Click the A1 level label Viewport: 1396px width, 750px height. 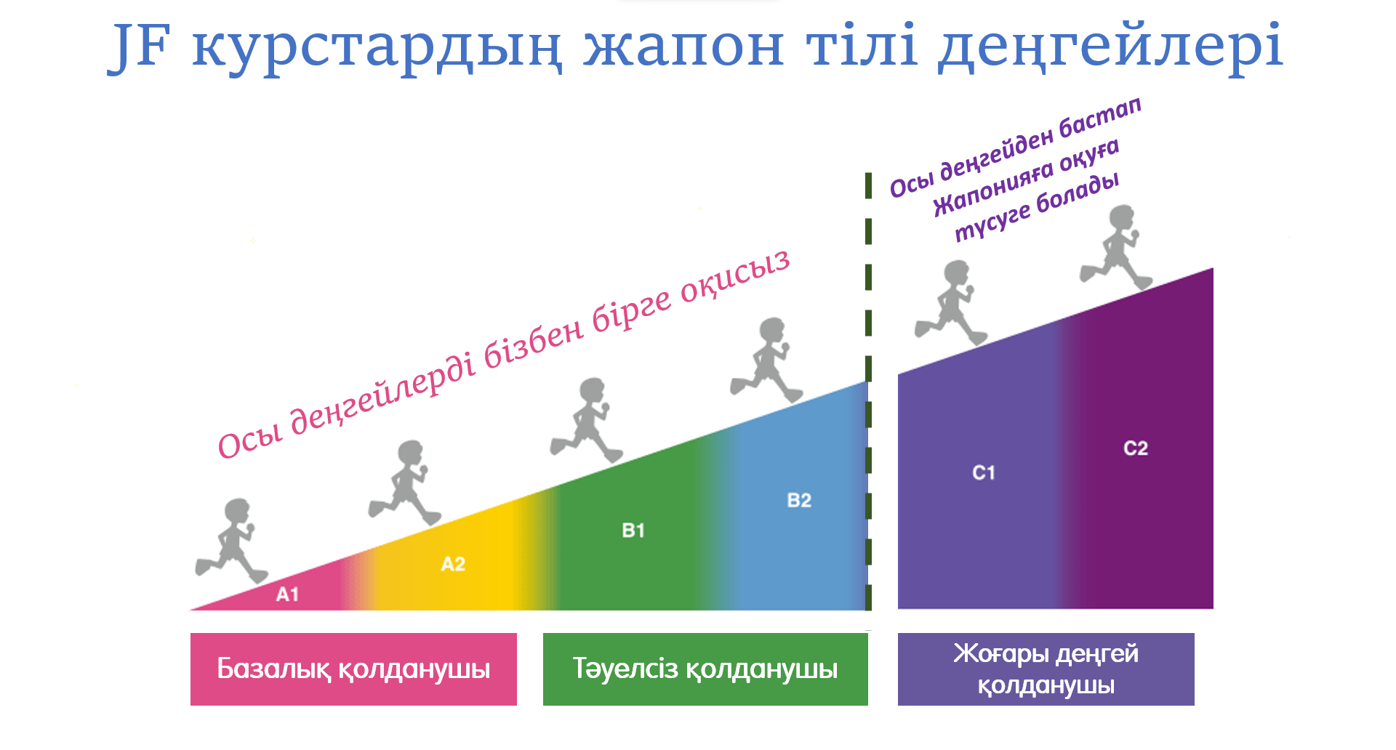(x=287, y=594)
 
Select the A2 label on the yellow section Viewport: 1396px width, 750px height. (x=453, y=564)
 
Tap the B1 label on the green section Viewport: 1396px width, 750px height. (x=633, y=531)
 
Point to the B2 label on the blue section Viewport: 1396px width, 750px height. (x=799, y=500)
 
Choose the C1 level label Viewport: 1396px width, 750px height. (x=984, y=472)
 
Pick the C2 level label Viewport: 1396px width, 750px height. (x=1136, y=448)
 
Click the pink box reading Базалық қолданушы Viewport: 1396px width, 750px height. (x=353, y=669)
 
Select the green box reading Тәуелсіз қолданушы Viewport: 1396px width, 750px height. (x=705, y=669)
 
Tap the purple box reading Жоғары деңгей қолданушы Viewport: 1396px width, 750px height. (x=1046, y=669)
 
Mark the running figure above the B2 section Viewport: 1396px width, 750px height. (x=768, y=360)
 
